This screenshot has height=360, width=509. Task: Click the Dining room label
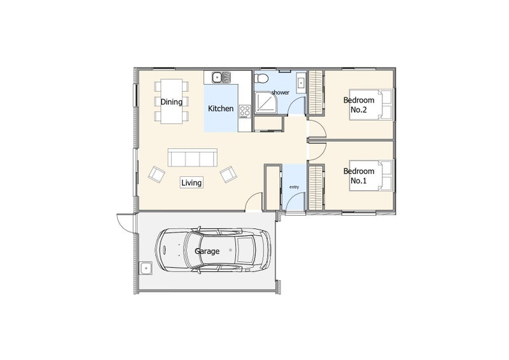(x=171, y=102)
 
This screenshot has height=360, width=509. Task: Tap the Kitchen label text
(x=221, y=108)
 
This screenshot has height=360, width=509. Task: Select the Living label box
(x=192, y=183)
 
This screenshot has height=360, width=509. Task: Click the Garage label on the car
(x=207, y=251)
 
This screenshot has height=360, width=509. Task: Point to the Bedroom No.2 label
(x=359, y=105)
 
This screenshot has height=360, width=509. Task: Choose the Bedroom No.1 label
(x=359, y=176)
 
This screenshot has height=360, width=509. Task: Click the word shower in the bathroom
(x=280, y=92)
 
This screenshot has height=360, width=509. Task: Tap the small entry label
(x=294, y=187)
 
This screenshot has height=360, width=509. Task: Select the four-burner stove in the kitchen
(x=245, y=111)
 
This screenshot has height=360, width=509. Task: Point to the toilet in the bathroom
(x=261, y=78)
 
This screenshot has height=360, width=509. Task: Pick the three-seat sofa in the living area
(x=193, y=158)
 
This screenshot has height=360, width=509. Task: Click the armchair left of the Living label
(x=157, y=174)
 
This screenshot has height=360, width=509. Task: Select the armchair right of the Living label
(x=228, y=174)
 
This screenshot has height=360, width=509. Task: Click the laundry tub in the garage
(x=146, y=268)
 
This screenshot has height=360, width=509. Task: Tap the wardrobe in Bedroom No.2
(x=316, y=92)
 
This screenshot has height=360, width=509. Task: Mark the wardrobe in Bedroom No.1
(x=316, y=187)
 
